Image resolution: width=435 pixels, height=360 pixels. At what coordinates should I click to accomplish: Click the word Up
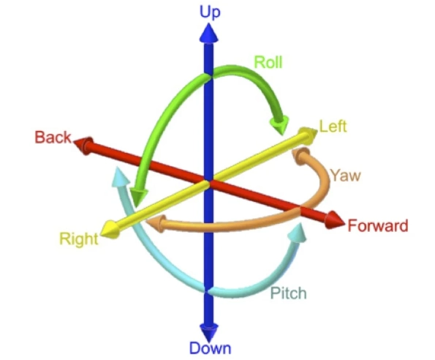[210, 12]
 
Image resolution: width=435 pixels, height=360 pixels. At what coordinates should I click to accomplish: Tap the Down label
[210, 348]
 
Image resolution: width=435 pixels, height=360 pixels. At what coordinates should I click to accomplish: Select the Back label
[53, 137]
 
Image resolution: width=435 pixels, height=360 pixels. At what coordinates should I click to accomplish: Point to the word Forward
[378, 225]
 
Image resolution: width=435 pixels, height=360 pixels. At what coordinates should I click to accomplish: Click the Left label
[333, 127]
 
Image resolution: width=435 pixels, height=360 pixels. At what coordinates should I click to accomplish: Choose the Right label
[79, 239]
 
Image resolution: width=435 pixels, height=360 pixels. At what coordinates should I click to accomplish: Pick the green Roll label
[268, 62]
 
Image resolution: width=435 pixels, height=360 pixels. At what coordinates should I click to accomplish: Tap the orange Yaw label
[346, 176]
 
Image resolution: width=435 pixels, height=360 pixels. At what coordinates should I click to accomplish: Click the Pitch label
[289, 293]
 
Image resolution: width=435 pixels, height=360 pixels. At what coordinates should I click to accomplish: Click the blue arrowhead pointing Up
[208, 34]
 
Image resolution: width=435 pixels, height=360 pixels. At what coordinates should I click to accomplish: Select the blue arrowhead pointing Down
[209, 332]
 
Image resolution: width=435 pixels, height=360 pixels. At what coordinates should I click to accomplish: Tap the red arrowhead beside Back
[83, 145]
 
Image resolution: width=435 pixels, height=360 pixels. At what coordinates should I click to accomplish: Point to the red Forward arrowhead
[335, 220]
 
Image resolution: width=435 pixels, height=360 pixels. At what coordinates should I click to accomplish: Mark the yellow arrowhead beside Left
[308, 135]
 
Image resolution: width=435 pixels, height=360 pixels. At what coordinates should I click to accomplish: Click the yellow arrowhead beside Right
[110, 230]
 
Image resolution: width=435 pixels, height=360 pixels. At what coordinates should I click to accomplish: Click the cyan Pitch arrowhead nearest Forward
[298, 233]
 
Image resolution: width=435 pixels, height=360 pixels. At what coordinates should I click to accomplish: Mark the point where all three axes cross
[209, 182]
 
